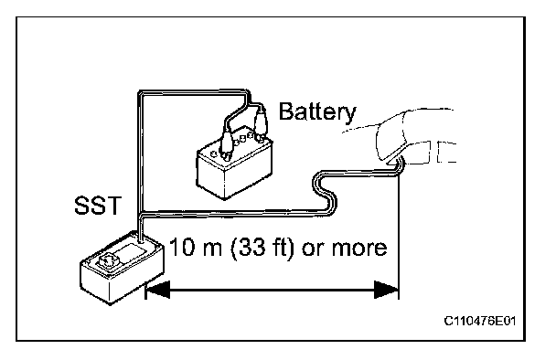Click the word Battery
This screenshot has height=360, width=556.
[317, 112]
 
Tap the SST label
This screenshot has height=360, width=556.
[98, 206]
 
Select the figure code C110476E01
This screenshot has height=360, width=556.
[480, 321]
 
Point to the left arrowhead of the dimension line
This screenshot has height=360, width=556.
[158, 290]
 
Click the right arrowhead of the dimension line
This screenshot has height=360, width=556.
[387, 290]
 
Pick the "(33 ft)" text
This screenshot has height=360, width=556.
[262, 248]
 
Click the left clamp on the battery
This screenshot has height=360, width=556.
[226, 143]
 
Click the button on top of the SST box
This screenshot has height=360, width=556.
[107, 261]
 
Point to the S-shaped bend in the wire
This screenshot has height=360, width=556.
[324, 193]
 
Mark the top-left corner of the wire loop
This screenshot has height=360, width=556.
[139, 93]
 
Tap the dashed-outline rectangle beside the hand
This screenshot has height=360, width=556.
[446, 152]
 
